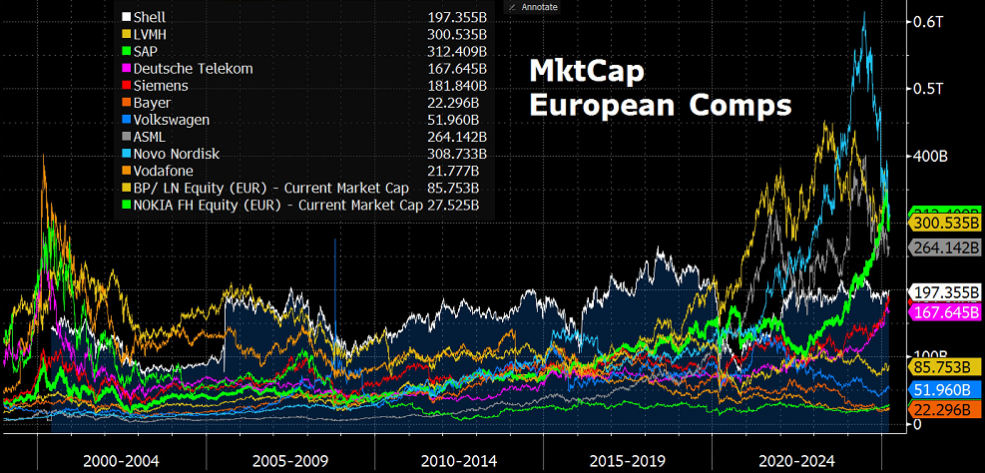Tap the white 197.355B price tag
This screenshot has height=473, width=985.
944,291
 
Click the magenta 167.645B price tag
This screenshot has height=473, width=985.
944,311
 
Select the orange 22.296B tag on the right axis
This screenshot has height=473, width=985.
944,410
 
